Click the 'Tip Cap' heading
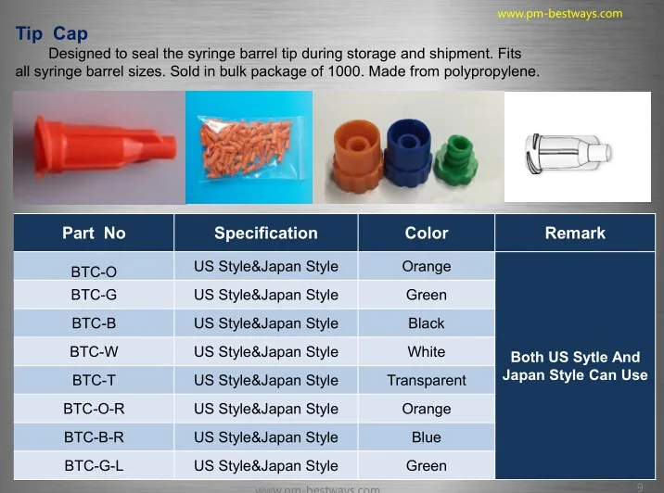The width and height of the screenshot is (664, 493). [52, 33]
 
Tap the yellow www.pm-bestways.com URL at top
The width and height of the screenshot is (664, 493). [560, 14]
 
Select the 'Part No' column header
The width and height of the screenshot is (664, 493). [94, 234]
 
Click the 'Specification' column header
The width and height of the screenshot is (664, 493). [266, 234]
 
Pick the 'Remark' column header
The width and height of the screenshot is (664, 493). [575, 234]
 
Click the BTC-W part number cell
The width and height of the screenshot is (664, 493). [94, 351]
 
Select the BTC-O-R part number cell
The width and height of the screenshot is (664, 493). [94, 409]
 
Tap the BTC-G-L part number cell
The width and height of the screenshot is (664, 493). [94, 465]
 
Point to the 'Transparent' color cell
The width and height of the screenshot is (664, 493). [427, 381]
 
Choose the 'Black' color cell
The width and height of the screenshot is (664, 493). [427, 323]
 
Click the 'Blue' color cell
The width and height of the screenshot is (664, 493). [427, 437]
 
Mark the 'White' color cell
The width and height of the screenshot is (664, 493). [427, 351]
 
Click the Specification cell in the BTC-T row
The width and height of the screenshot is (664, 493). [266, 381]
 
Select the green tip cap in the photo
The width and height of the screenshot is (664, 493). [456, 158]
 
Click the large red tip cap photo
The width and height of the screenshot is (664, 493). [104, 146]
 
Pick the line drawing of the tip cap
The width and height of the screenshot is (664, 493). [568, 153]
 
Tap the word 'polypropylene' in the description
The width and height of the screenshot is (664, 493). [492, 71]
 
